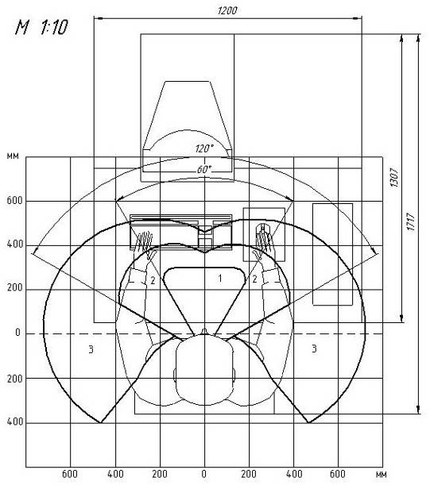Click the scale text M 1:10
coord(41,27)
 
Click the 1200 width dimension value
coord(227,11)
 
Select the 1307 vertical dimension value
coord(393,177)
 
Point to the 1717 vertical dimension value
coord(411,221)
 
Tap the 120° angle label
coord(204,148)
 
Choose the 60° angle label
coord(204,170)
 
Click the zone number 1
coord(220,279)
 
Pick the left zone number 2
coord(153,280)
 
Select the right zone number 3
coord(314,348)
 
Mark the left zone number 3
coord(91,349)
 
